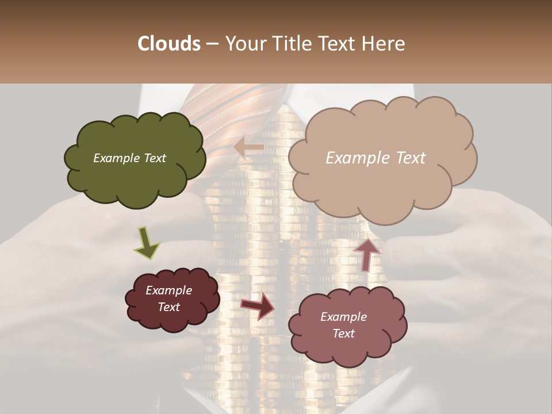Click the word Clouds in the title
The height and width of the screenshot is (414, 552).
pos(170,44)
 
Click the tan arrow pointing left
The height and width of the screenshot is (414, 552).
pos(248,148)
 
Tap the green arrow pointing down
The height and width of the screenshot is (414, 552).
pos(147,243)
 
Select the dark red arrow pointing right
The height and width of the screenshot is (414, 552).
pos(257,306)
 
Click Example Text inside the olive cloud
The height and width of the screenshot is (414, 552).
pos(129,158)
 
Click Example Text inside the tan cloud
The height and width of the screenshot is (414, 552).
pos(375,158)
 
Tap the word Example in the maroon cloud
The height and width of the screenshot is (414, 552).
pos(168,290)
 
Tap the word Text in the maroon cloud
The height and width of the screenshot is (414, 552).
pos(168,307)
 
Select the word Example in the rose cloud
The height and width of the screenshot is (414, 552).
pos(343,317)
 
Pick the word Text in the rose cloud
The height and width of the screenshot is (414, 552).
pos(343,333)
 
